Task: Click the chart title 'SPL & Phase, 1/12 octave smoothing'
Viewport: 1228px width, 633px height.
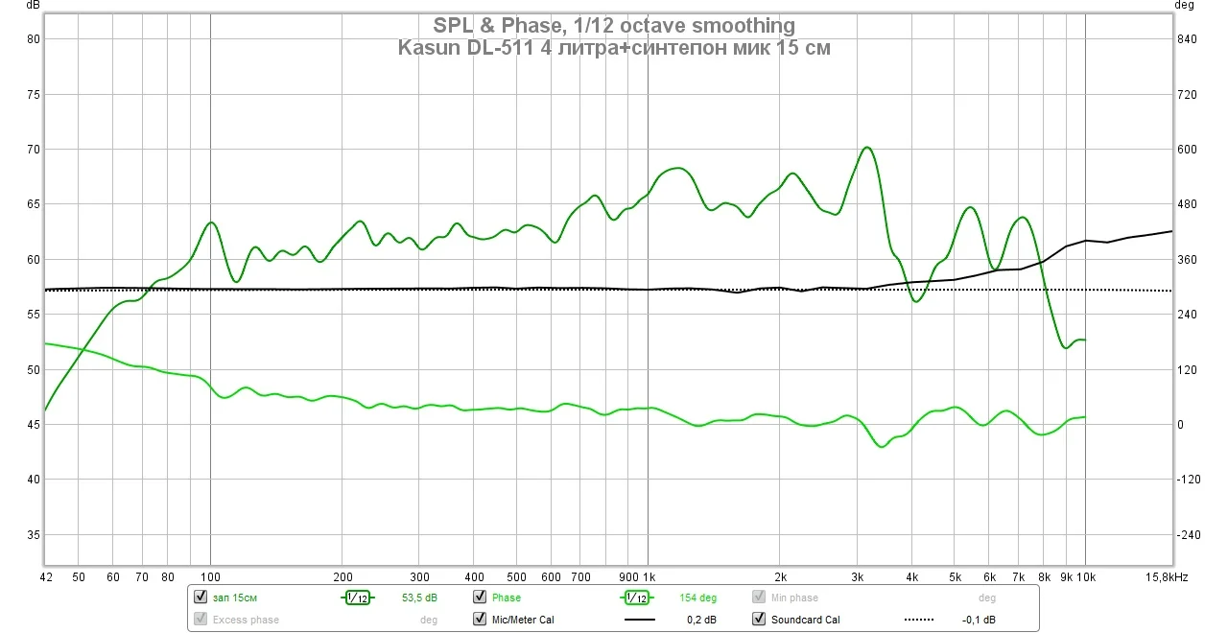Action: (x=614, y=25)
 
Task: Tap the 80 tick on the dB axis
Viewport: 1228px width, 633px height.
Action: (x=31, y=39)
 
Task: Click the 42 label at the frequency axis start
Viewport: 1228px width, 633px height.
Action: (x=46, y=577)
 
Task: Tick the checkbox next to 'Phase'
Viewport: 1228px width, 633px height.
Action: (x=480, y=598)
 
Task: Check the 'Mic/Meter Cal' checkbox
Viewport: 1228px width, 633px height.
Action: (x=480, y=620)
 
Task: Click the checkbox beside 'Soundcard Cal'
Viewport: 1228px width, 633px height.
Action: (x=759, y=620)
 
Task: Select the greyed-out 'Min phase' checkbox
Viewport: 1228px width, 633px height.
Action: (x=759, y=598)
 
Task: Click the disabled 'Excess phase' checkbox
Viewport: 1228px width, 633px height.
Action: (x=201, y=620)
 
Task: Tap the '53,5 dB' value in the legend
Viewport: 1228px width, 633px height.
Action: (x=418, y=598)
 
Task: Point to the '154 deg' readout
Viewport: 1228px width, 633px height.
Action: (x=698, y=598)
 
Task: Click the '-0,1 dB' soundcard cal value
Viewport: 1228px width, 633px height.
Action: (x=978, y=620)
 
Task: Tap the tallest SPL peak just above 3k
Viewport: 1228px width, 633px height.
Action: (x=866, y=148)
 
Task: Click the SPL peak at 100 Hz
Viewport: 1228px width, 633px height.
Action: (x=211, y=223)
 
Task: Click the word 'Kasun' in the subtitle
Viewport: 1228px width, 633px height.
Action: (x=429, y=48)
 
